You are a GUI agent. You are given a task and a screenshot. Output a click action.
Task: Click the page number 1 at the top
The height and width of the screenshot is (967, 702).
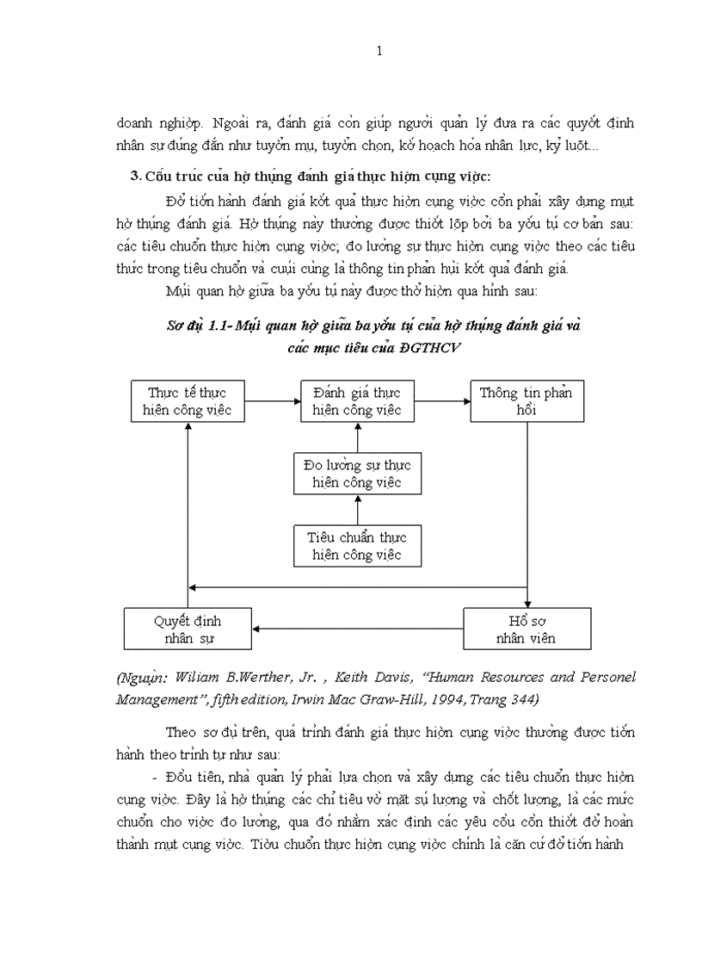coord(379,52)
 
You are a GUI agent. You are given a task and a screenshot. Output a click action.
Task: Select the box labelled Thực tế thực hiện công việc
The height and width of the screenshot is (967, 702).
coord(187,401)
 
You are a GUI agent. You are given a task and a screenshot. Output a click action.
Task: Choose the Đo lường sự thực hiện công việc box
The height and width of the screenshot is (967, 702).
coord(357,474)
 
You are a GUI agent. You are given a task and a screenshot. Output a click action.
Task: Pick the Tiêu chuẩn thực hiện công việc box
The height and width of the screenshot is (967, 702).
coord(357,546)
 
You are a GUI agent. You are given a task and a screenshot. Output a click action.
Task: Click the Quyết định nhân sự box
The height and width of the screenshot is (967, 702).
coord(188,629)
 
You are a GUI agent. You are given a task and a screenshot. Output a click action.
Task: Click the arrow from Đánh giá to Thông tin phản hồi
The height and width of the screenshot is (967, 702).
coord(441,400)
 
